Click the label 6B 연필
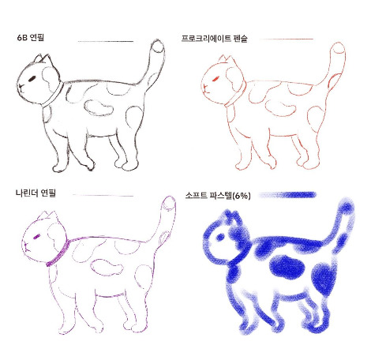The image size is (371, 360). (32, 37)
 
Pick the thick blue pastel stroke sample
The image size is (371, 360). (294, 194)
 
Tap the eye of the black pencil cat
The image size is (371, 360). (31, 78)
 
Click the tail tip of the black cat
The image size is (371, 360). (158, 49)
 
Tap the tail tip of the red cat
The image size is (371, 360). (339, 49)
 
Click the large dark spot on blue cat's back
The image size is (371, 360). (284, 268)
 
